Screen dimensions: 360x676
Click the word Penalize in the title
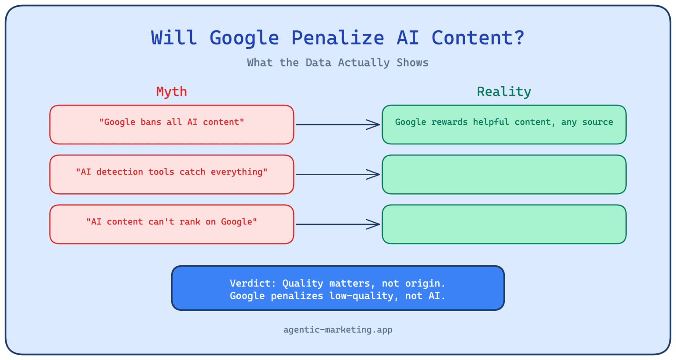[x=338, y=38]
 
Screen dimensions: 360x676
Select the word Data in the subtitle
[x=318, y=63]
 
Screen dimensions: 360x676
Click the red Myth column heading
[x=172, y=92]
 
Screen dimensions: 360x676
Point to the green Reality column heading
[x=504, y=92]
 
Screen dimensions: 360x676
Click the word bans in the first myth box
[x=151, y=122]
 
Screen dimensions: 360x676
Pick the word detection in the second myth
[x=120, y=172]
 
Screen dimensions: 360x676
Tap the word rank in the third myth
[x=190, y=222]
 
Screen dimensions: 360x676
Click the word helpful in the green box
[x=491, y=122]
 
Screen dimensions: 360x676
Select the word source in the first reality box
[x=597, y=122]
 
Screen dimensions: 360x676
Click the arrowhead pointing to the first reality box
[x=374, y=125]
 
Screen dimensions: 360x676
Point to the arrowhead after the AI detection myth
[x=374, y=174]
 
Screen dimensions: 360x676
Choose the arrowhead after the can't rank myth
[x=374, y=224]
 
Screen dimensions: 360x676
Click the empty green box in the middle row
[x=504, y=174]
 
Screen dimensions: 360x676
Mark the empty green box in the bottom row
[x=504, y=224]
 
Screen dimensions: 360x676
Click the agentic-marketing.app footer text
[x=338, y=330]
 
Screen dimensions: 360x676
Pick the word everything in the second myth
[x=239, y=172]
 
